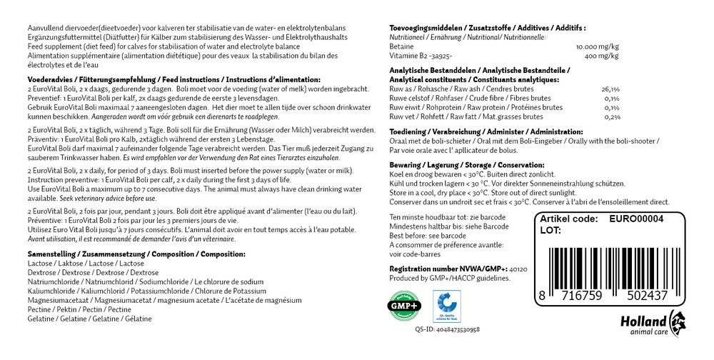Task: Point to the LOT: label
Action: click(x=550, y=231)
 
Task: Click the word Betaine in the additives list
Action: click(x=401, y=46)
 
